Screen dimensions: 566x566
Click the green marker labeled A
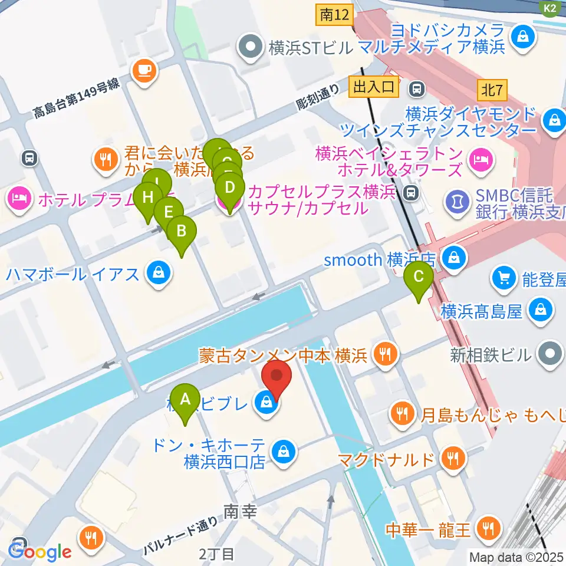tap(185, 400)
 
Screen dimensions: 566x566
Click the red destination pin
tap(277, 377)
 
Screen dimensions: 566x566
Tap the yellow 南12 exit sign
tap(333, 15)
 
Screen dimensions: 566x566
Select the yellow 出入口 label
tap(373, 88)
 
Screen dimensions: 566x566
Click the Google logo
tap(40, 552)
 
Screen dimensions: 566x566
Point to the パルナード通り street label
tap(175, 534)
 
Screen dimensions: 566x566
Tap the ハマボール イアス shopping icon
tap(158, 274)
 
